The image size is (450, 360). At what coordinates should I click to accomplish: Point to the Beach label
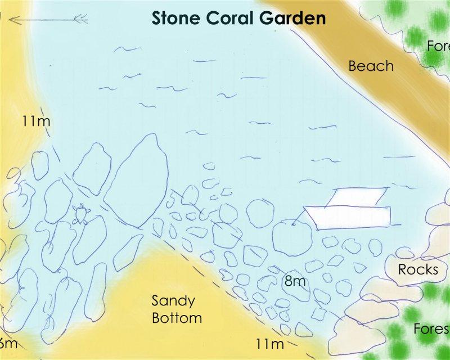click(371, 66)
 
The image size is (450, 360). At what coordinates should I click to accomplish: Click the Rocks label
click(418, 269)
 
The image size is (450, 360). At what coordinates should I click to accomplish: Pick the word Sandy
click(173, 301)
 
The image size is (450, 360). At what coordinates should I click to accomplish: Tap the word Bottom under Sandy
click(177, 318)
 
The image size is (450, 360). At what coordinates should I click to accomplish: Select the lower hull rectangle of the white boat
click(349, 217)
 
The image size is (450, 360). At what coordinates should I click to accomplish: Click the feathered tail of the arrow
click(80, 20)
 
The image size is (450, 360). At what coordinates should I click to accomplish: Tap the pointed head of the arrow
click(11, 20)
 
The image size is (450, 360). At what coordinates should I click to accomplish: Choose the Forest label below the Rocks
click(430, 328)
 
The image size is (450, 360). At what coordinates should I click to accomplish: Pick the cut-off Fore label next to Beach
click(438, 47)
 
